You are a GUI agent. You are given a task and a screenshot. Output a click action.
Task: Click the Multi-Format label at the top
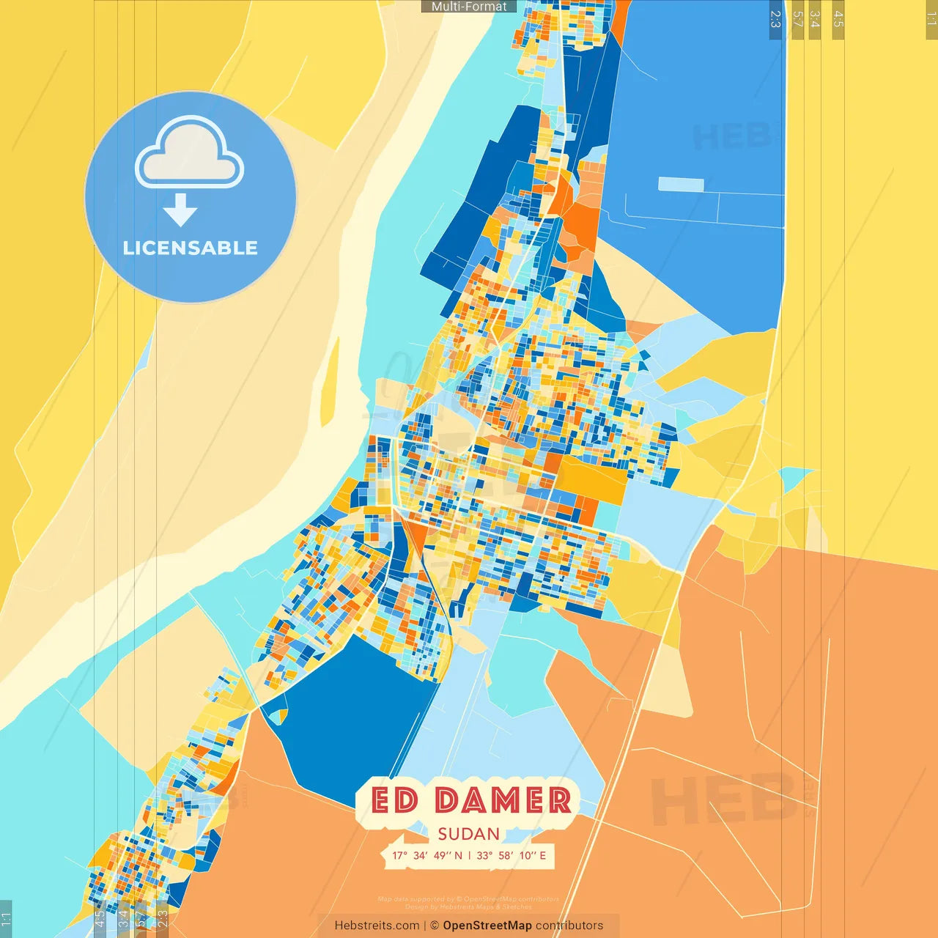point(469,7)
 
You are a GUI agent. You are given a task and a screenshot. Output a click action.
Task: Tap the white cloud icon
point(190,152)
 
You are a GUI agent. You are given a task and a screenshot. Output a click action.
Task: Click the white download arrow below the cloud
point(180,210)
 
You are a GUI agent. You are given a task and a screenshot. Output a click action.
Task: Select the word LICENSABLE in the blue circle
point(191,248)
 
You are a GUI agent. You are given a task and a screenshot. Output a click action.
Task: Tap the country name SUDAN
point(469,834)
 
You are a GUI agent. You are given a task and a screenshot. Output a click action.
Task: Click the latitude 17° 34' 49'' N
point(426,855)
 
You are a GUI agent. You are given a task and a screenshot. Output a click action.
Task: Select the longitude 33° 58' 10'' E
point(512,855)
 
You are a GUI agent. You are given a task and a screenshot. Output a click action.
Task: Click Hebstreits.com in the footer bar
point(377,926)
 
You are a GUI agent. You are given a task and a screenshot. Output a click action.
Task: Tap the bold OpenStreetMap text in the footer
point(487,926)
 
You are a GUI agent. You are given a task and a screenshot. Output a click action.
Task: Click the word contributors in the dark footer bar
point(569,926)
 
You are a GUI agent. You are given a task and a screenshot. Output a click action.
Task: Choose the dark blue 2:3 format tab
point(775,19)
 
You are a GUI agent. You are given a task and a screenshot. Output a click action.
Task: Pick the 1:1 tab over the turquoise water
point(6,920)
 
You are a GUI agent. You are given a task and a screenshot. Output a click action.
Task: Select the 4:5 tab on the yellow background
point(838,19)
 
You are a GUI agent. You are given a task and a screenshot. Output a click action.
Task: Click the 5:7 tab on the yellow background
point(798,19)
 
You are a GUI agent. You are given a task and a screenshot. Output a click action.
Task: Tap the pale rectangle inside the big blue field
point(681,184)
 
